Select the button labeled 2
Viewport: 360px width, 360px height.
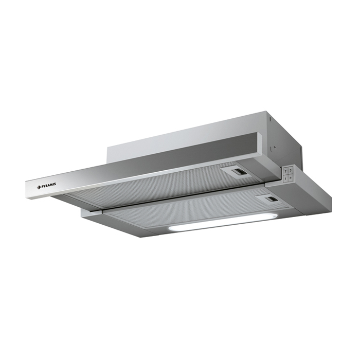point(285,169)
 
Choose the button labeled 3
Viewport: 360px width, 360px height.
point(291,168)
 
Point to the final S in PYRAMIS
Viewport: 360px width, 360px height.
point(56,182)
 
